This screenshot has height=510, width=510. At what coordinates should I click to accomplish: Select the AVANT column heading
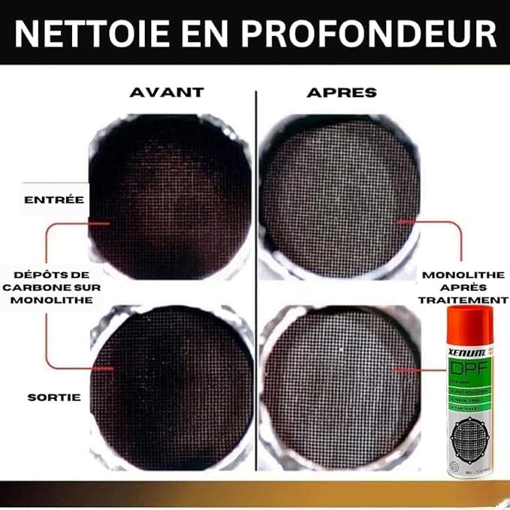pos(167,92)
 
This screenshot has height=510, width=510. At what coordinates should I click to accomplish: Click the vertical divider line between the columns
pos(255,278)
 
